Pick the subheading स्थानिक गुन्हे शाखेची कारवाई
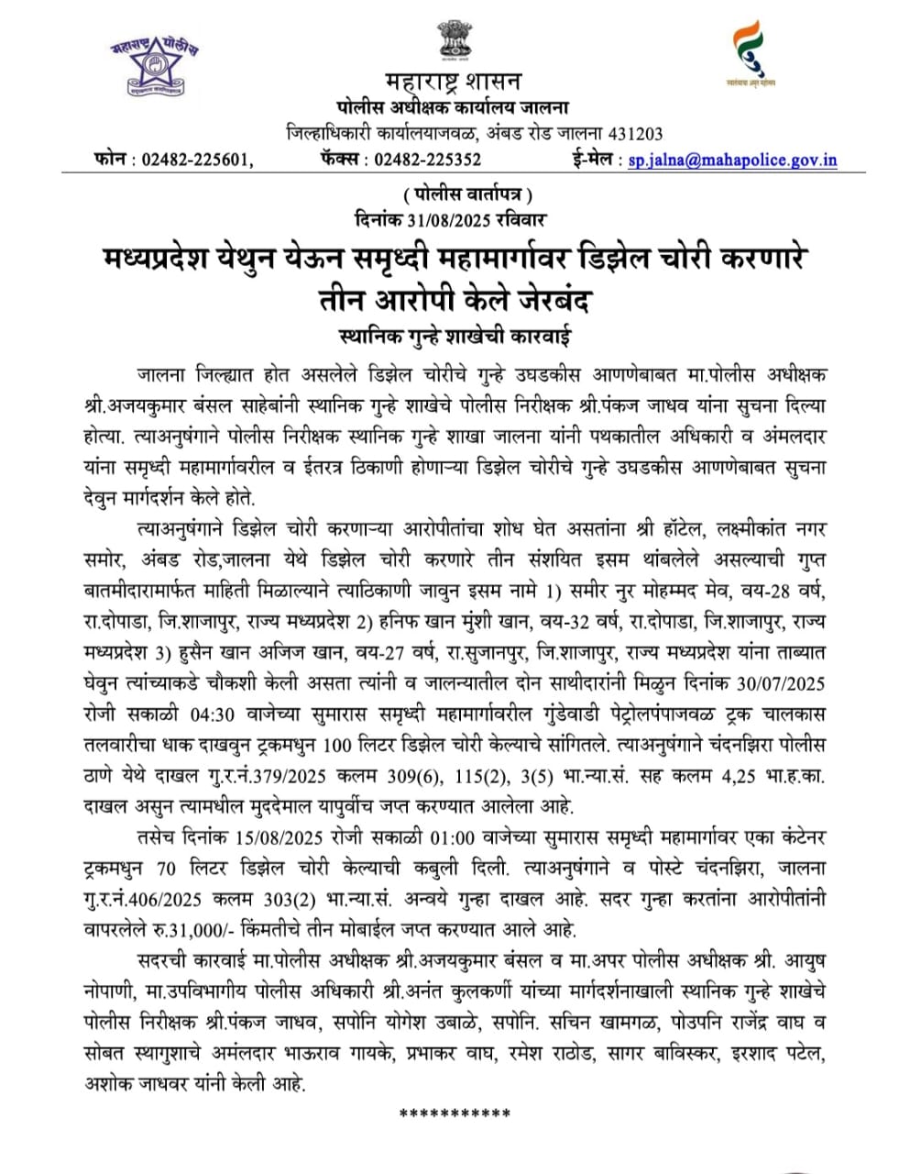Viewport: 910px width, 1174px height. (x=454, y=336)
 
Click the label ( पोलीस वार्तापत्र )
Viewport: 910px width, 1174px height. (x=466, y=194)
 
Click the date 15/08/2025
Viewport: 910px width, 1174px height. (x=269, y=839)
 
